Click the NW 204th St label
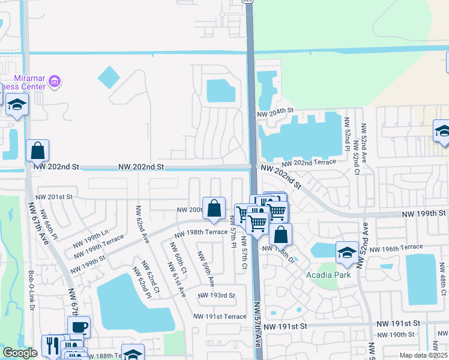coord(275,112)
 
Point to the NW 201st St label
coord(53,197)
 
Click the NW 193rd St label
coord(217,295)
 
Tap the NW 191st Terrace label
coord(220,316)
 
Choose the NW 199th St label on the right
coord(424,213)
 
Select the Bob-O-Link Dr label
coord(31,290)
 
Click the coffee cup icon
coord(79,327)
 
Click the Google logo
coord(20,353)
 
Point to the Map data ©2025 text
coord(423,355)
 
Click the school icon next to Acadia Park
coord(347,253)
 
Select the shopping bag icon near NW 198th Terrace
coord(214,208)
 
